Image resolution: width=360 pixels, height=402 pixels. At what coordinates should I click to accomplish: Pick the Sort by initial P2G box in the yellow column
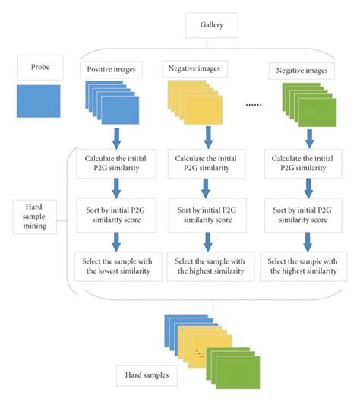point(207,214)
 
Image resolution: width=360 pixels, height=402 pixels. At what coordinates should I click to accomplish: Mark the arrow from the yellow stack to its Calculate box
point(207,138)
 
